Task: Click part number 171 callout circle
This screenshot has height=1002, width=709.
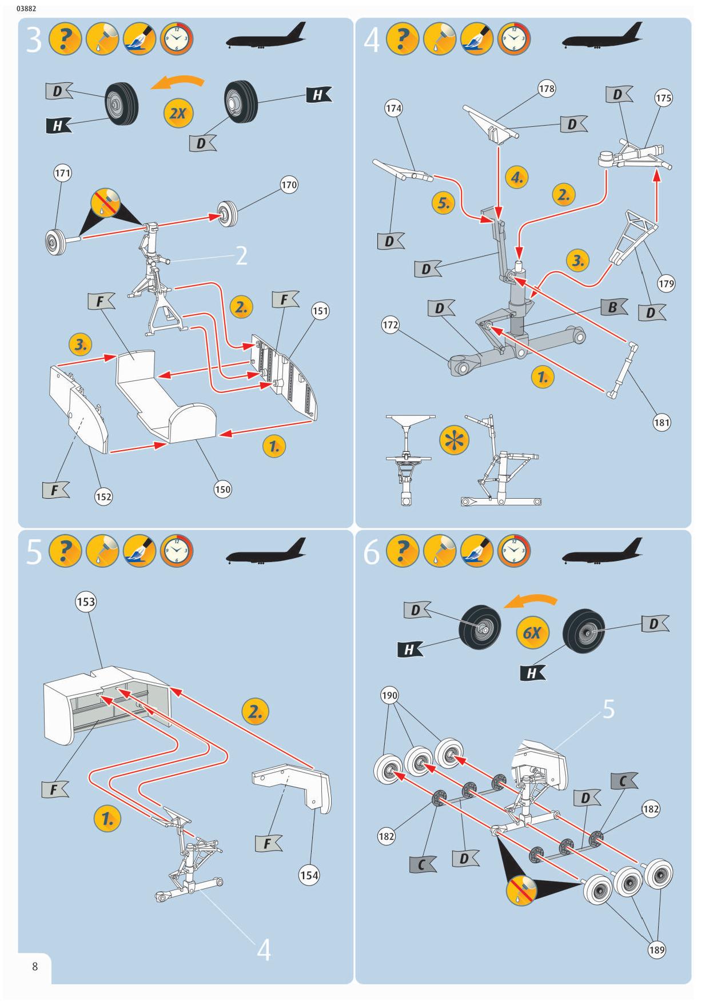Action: pos(62,173)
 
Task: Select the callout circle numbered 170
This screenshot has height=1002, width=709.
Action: pos(289,185)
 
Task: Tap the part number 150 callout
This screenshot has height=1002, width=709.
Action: pos(222,489)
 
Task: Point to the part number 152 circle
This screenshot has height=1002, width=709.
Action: pos(103,496)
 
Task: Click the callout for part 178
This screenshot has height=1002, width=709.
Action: pos(547,89)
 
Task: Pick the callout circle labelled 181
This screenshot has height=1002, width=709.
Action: pos(662,423)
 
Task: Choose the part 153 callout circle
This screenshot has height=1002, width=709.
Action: pos(86,602)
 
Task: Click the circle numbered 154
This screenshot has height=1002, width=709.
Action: pos(309,875)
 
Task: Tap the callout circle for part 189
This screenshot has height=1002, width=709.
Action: pos(656,950)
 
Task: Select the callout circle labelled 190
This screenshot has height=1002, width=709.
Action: pos(389,695)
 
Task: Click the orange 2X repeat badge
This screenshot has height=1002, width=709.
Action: pos(178,113)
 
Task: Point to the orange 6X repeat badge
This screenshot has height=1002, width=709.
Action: pos(532,632)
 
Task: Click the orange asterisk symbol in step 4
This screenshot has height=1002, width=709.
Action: pos(454,440)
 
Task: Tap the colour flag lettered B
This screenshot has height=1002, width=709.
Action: pos(614,307)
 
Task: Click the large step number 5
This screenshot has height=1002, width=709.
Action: pos(34,552)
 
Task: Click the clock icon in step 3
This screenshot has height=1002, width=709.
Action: pos(177,39)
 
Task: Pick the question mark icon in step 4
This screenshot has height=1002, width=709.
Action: pos(402,39)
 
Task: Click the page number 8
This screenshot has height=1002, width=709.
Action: pos(35,967)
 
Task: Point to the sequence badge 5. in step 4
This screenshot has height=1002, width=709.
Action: pos(443,203)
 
